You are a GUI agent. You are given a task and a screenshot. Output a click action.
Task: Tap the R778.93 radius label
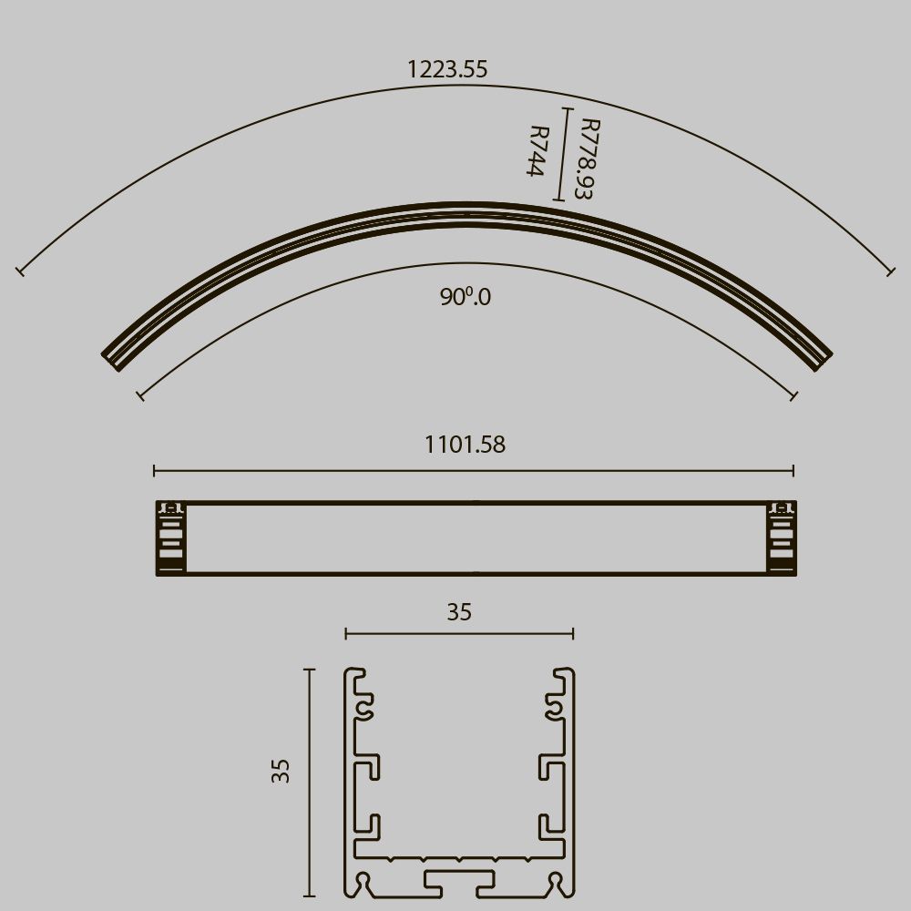point(588,159)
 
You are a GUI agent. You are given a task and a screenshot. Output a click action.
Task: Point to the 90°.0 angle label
point(465,297)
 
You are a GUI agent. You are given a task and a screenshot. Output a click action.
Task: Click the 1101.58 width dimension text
point(465,445)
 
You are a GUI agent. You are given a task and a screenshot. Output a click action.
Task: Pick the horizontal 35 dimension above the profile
point(459,612)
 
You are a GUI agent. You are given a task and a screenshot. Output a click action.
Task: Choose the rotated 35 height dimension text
point(281,771)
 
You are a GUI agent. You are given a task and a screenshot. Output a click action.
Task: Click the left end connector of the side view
point(169,538)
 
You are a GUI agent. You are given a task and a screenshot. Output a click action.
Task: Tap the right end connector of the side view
point(781,538)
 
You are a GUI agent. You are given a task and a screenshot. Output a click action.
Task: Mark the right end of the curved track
point(819,357)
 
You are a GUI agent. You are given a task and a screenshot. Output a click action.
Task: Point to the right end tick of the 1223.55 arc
point(891,271)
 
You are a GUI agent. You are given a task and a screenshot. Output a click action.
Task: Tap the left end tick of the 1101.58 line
point(155,470)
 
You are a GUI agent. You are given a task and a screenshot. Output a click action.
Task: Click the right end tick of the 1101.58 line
point(793,470)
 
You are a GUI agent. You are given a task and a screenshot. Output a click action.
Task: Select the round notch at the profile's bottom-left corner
point(365,881)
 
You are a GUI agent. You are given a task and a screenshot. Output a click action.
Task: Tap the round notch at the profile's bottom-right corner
point(554,881)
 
